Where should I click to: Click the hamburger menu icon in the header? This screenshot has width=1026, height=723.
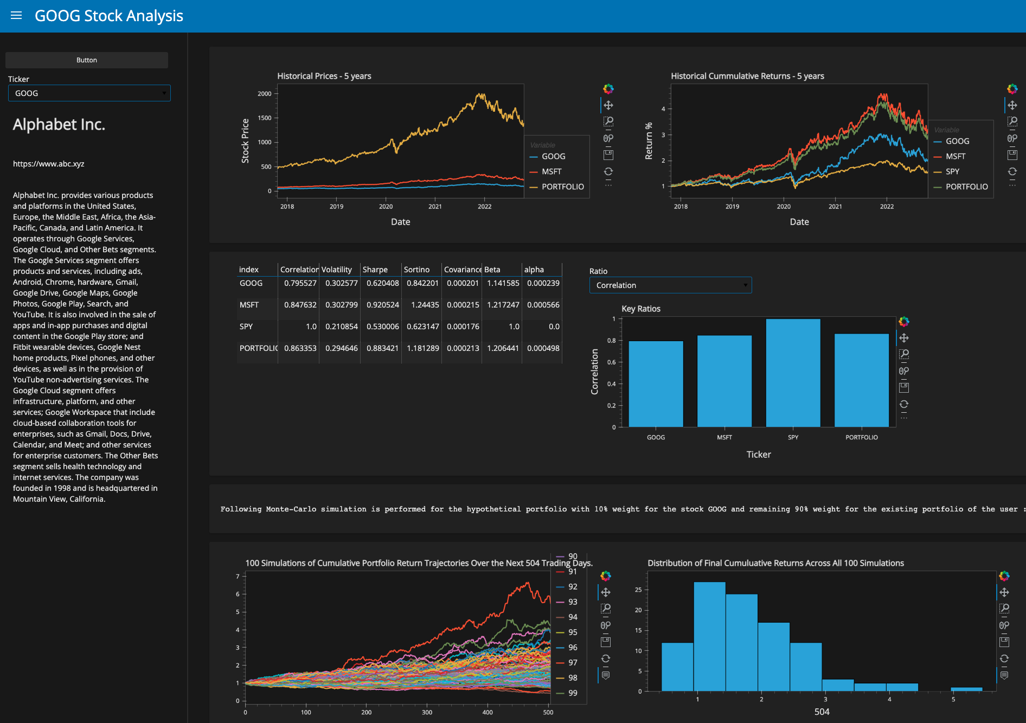[16, 16]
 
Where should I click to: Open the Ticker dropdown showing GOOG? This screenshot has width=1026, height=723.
[89, 93]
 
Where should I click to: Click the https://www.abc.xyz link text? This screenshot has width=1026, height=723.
[49, 164]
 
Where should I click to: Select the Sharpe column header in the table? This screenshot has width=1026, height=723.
[375, 270]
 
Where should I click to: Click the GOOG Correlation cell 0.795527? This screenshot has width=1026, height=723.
[300, 283]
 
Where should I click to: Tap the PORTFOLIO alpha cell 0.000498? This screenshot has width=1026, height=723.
[543, 348]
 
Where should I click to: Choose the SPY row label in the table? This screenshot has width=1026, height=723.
[246, 327]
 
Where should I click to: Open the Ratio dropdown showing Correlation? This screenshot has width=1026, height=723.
[670, 285]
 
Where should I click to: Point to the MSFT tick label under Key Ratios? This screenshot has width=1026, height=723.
[724, 437]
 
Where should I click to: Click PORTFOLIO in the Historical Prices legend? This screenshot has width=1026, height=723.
[562, 187]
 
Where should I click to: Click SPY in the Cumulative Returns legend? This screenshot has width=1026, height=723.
[952, 171]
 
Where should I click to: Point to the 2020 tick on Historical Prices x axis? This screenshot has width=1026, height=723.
[386, 207]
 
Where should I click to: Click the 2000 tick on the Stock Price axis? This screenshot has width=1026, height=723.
[265, 94]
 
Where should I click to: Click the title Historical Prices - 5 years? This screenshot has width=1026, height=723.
[324, 76]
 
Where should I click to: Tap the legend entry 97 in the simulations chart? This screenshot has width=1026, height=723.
[573, 663]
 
